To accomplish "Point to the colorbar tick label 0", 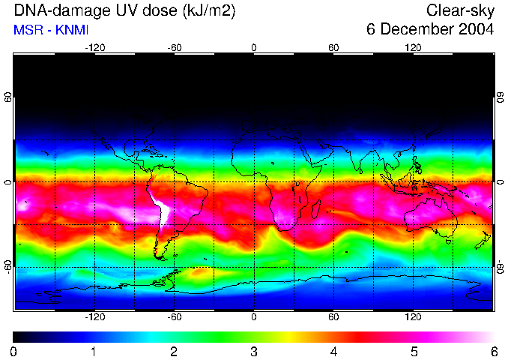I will click(x=14, y=351).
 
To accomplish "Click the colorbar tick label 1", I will click(x=94, y=351).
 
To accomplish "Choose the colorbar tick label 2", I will click(x=174, y=351).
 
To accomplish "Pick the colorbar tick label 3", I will click(x=254, y=351).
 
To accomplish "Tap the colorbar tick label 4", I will click(x=333, y=351).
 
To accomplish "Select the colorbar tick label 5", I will click(x=414, y=351).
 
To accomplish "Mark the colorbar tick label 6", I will click(x=493, y=351).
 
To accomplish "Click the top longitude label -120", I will click(x=94, y=47).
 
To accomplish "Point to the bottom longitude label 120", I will click(x=413, y=317).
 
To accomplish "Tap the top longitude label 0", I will click(x=254, y=47).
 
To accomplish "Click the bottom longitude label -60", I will click(x=174, y=317).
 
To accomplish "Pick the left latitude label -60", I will click(x=8, y=267).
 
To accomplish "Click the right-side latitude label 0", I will click(x=500, y=182).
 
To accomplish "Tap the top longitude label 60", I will click(x=333, y=47).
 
